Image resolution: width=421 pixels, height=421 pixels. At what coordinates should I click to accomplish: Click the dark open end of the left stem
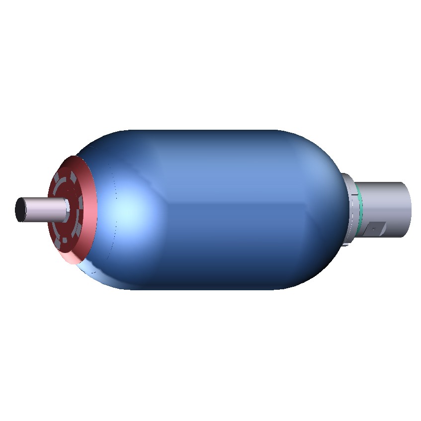tap(20, 210)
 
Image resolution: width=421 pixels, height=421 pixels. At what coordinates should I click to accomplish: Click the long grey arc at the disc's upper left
tap(58, 184)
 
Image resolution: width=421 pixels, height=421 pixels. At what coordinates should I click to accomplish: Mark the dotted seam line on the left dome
tap(115, 209)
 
